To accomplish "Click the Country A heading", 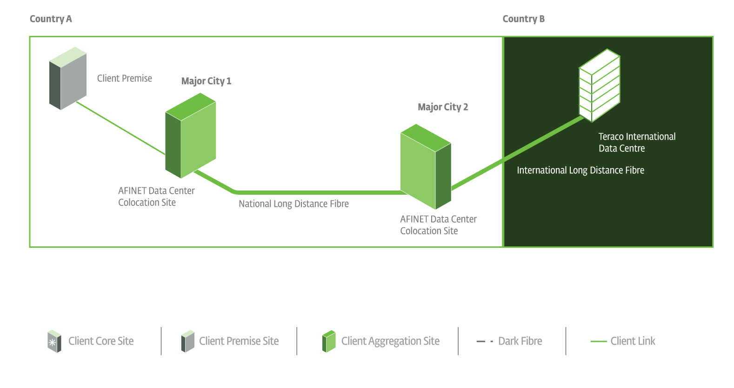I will click(51, 19).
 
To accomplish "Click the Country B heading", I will click(523, 19).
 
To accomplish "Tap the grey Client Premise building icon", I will click(68, 78).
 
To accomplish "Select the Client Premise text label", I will click(124, 78).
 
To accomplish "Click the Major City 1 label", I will click(206, 81).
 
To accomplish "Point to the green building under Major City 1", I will click(191, 135).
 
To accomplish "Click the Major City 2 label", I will click(443, 107).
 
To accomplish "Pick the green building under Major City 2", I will click(426, 166).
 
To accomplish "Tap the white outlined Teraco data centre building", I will click(599, 85).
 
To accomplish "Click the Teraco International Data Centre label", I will click(636, 142).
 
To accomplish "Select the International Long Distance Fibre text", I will click(580, 170).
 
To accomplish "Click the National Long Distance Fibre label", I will click(294, 204).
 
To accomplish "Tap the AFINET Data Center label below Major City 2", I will click(438, 225).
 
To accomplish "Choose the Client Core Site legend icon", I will click(54, 341).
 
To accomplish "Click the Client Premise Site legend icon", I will click(187, 341).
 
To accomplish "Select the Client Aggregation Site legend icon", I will click(329, 341).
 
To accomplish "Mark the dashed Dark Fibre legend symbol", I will click(485, 341).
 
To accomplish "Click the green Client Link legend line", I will click(599, 341).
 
